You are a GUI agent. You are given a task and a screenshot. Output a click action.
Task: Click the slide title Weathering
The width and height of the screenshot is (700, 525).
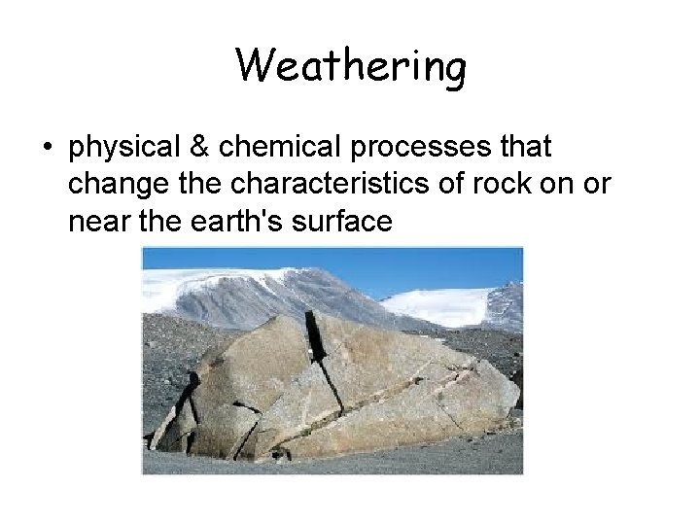351,67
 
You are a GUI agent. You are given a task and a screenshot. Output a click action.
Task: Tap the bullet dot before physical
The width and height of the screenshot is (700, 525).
47,150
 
